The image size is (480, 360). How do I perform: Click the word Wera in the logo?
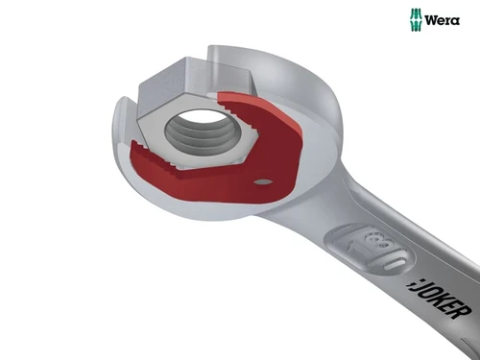pyautogui.click(x=443, y=20)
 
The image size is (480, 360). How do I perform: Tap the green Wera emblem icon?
pyautogui.click(x=416, y=20)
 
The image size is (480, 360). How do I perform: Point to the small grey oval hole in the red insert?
pyautogui.click(x=263, y=182)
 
